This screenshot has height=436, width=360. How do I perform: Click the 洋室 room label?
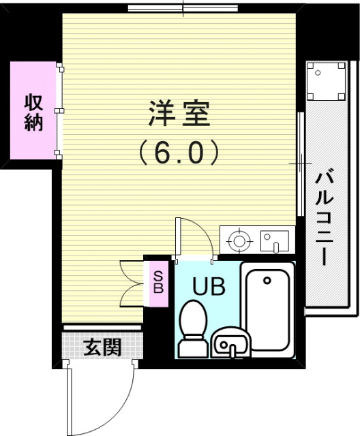pyautogui.click(x=179, y=114)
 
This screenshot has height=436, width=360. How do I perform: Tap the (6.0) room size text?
pyautogui.click(x=179, y=151)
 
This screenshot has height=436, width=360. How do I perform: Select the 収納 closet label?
pyautogui.click(x=34, y=113)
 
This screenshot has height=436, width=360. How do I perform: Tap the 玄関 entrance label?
pyautogui.click(x=102, y=347)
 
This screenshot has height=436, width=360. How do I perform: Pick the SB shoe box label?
pyautogui.click(x=157, y=281)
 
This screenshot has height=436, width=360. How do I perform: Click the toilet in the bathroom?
pyautogui.click(x=193, y=327)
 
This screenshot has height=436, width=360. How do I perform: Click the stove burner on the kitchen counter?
pyautogui.click(x=238, y=240)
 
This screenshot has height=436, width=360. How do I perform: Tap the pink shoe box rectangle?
pyautogui.click(x=158, y=282)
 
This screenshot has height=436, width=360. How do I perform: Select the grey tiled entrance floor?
pyautogui.click(x=102, y=347)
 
